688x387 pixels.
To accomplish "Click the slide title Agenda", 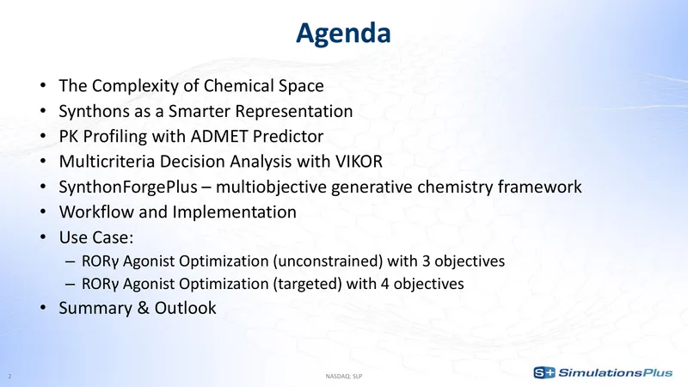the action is tap(343, 34).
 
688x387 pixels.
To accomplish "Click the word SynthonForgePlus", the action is tap(128, 187).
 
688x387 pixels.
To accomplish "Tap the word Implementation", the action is tap(234, 212).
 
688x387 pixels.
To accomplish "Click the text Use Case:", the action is tap(96, 237).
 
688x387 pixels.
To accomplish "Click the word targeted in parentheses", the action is tap(307, 284).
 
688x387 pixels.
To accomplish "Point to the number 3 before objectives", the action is tap(426, 261).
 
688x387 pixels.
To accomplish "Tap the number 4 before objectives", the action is tap(384, 284).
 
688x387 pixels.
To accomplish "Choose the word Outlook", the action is tap(185, 308).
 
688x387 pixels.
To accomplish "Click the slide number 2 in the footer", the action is tap(9, 376).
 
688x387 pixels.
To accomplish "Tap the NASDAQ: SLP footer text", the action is tap(344, 376).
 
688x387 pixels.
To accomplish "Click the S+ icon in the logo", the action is tap(544, 372).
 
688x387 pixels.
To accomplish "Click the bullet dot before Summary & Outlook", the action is tap(42, 308).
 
